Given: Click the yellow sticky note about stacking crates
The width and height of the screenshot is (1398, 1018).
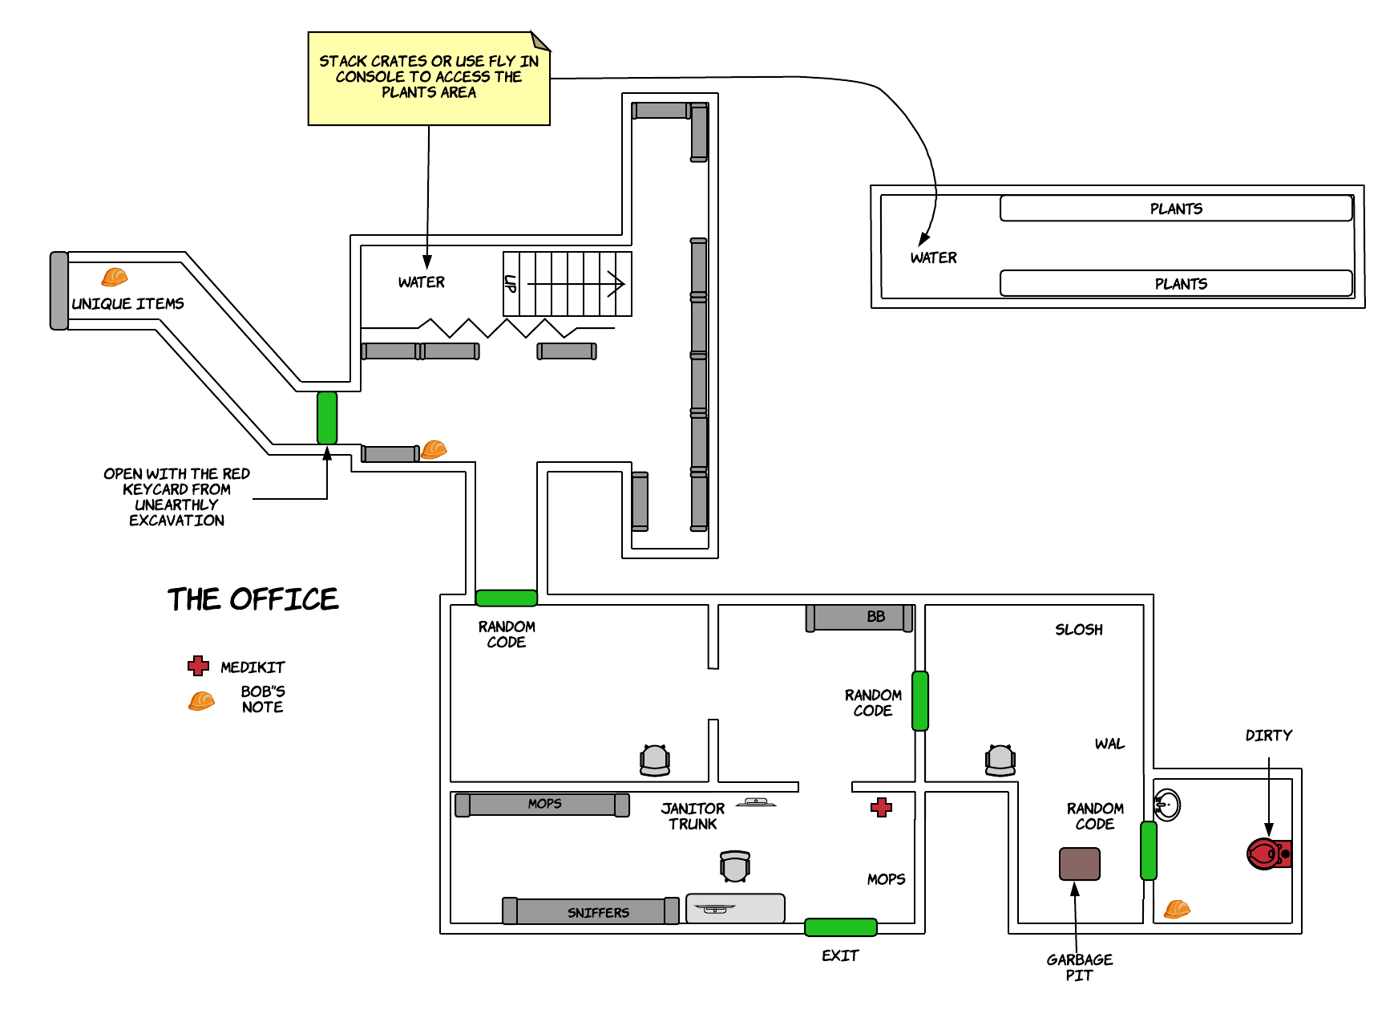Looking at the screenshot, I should [x=429, y=79].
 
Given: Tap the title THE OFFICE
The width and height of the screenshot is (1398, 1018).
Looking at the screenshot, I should [x=253, y=599].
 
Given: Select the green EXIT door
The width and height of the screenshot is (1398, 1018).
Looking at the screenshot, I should [x=840, y=927].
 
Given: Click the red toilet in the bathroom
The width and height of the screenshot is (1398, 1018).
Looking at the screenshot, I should [x=1267, y=854].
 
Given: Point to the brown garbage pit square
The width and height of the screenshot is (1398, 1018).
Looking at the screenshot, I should [x=1079, y=864].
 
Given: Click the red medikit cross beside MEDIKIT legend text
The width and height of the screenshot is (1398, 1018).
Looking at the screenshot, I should [x=198, y=666].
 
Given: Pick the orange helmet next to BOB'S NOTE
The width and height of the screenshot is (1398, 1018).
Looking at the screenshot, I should [x=201, y=700].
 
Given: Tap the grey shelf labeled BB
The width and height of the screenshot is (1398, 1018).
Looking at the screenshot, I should [x=859, y=618].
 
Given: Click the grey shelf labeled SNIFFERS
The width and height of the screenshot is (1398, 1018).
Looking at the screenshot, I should [x=591, y=911].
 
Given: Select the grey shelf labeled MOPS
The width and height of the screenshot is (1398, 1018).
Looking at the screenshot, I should [x=542, y=805].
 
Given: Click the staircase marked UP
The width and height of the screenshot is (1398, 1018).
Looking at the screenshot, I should [x=568, y=284].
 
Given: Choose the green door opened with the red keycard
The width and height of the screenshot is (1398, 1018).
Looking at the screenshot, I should [x=327, y=418].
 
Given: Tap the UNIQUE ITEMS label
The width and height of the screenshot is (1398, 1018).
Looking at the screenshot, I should [x=128, y=304].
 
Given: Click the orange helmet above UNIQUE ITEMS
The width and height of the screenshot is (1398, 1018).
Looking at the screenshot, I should [x=115, y=277].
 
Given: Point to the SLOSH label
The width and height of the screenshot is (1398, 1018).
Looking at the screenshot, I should [x=1078, y=630].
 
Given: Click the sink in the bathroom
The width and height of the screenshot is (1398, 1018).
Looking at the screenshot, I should [x=1166, y=805].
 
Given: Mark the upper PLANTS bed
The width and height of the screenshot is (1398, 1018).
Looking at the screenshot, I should [x=1176, y=209].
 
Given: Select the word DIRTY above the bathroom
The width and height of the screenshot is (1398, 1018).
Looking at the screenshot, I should [x=1268, y=736].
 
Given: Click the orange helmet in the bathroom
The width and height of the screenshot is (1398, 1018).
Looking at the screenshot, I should [x=1177, y=909].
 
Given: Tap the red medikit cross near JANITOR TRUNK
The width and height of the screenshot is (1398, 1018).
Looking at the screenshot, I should [x=882, y=807].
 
